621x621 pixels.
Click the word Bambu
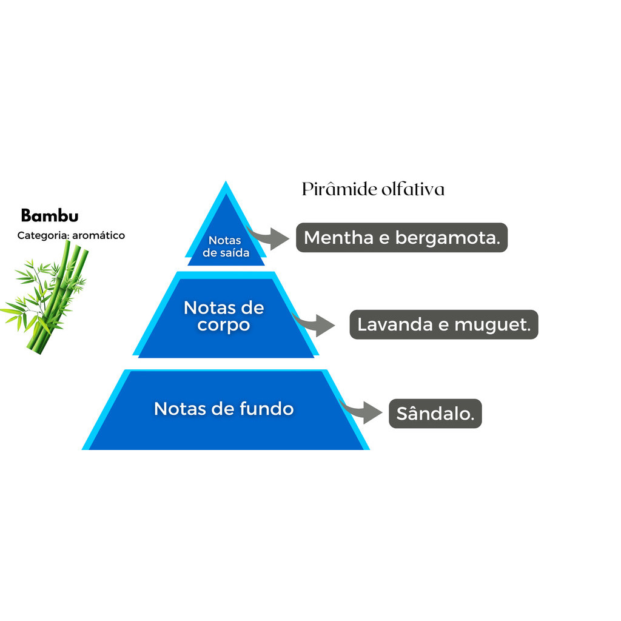point(50,216)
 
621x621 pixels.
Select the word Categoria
point(42,235)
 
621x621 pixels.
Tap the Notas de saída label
point(226,247)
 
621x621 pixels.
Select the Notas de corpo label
point(224,316)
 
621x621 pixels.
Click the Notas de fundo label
point(224,408)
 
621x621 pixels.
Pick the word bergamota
point(448,238)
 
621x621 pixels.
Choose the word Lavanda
point(395,324)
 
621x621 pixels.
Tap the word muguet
point(492,324)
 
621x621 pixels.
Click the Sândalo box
point(435,414)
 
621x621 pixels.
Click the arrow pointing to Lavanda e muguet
point(318,325)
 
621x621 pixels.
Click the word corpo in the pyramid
point(224,324)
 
